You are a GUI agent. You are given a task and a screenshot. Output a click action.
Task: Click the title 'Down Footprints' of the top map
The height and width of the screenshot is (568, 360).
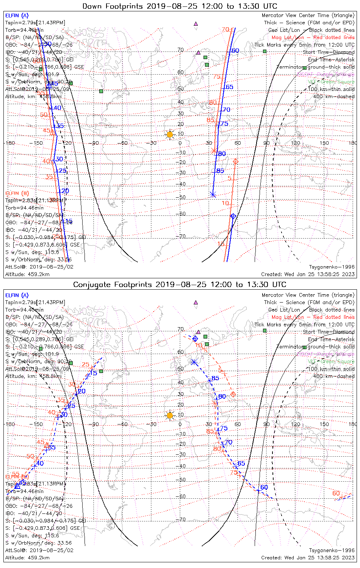click(114, 6)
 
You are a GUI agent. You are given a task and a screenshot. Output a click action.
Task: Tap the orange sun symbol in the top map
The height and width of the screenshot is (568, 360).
click(170, 134)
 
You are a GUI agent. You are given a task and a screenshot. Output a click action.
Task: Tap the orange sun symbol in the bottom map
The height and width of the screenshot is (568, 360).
click(170, 415)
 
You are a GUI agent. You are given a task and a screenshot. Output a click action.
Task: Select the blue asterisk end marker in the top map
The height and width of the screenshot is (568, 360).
click(213, 195)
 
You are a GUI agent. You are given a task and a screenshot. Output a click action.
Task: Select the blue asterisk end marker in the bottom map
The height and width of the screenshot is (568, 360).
click(194, 362)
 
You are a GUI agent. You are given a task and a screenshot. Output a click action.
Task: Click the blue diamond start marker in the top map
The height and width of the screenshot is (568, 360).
click(233, 216)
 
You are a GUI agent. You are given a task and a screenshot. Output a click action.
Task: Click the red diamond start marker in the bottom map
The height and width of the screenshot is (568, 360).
click(233, 394)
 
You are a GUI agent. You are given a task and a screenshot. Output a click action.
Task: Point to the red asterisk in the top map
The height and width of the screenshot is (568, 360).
click(214, 150)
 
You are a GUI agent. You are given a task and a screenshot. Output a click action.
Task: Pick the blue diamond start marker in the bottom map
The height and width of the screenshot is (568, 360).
click(195, 339)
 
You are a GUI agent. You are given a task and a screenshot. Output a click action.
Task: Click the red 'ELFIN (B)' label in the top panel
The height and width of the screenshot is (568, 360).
click(17, 193)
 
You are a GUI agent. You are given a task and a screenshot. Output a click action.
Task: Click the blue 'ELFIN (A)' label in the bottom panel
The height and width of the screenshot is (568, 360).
click(17, 295)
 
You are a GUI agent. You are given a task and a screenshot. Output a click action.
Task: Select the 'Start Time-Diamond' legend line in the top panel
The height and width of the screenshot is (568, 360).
click(329, 52)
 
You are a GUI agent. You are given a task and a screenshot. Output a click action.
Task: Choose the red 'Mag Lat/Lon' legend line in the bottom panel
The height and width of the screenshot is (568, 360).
click(313, 317)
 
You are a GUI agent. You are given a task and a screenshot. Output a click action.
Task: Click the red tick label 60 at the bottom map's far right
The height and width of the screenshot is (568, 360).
click(336, 493)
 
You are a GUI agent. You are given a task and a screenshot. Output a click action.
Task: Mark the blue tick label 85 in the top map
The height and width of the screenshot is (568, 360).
click(220, 171)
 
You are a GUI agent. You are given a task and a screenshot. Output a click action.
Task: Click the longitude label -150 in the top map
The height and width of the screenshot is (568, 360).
click(38, 143)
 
